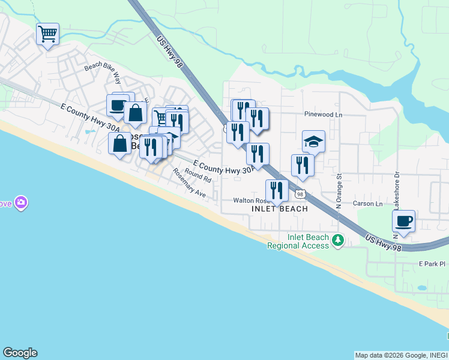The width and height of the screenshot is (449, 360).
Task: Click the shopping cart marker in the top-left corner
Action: click(x=47, y=34)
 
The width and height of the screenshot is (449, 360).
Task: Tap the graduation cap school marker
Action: click(x=313, y=142)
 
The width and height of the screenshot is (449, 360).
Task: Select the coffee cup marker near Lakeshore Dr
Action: click(x=404, y=221)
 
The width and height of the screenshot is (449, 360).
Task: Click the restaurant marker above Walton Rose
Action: click(x=277, y=191)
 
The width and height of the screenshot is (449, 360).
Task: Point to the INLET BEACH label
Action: click(x=280, y=209)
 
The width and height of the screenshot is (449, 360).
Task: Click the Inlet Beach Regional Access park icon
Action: click(x=338, y=241)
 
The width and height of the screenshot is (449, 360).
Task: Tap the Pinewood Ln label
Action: click(x=323, y=114)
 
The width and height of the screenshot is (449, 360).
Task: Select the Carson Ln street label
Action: click(x=368, y=204)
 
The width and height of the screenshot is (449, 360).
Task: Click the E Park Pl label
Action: click(x=433, y=263)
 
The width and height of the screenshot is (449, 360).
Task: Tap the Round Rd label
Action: click(x=199, y=175)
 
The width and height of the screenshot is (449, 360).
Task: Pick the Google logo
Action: click(x=20, y=353)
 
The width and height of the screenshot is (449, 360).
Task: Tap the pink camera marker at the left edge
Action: click(x=22, y=203)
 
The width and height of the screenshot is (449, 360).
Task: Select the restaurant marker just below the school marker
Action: click(x=303, y=166)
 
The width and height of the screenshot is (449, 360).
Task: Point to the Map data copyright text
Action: click(x=400, y=355)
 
